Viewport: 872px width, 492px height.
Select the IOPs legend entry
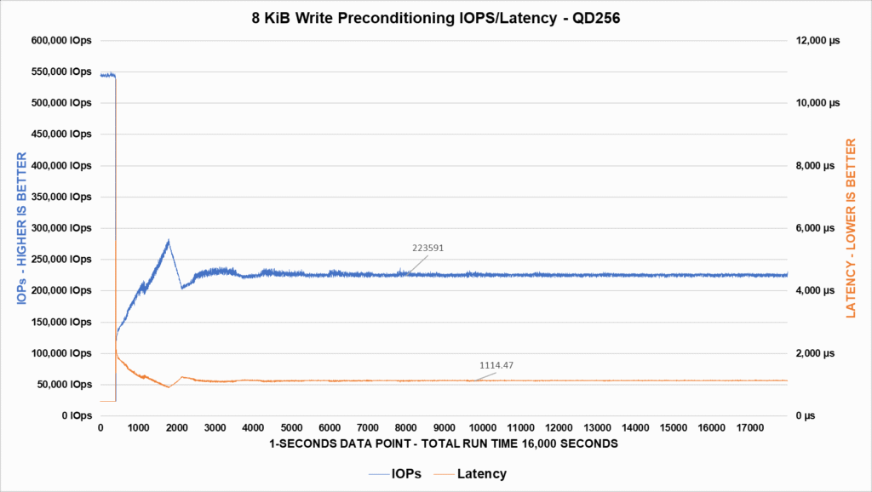(404, 473)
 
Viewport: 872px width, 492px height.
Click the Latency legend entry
(481, 473)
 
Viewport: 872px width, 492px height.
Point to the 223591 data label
(427, 248)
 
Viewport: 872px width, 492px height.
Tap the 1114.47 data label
(496, 365)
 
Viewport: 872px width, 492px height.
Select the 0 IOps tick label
(75, 415)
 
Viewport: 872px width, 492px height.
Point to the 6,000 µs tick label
(820, 228)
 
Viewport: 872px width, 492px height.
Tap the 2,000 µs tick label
(820, 353)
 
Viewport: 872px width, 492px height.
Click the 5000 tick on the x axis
(291, 428)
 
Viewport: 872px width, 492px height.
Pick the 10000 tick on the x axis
(482, 428)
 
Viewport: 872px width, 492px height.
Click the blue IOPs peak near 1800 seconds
(169, 241)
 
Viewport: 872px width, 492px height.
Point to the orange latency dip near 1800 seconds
(169, 387)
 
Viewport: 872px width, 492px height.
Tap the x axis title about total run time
(443, 444)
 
